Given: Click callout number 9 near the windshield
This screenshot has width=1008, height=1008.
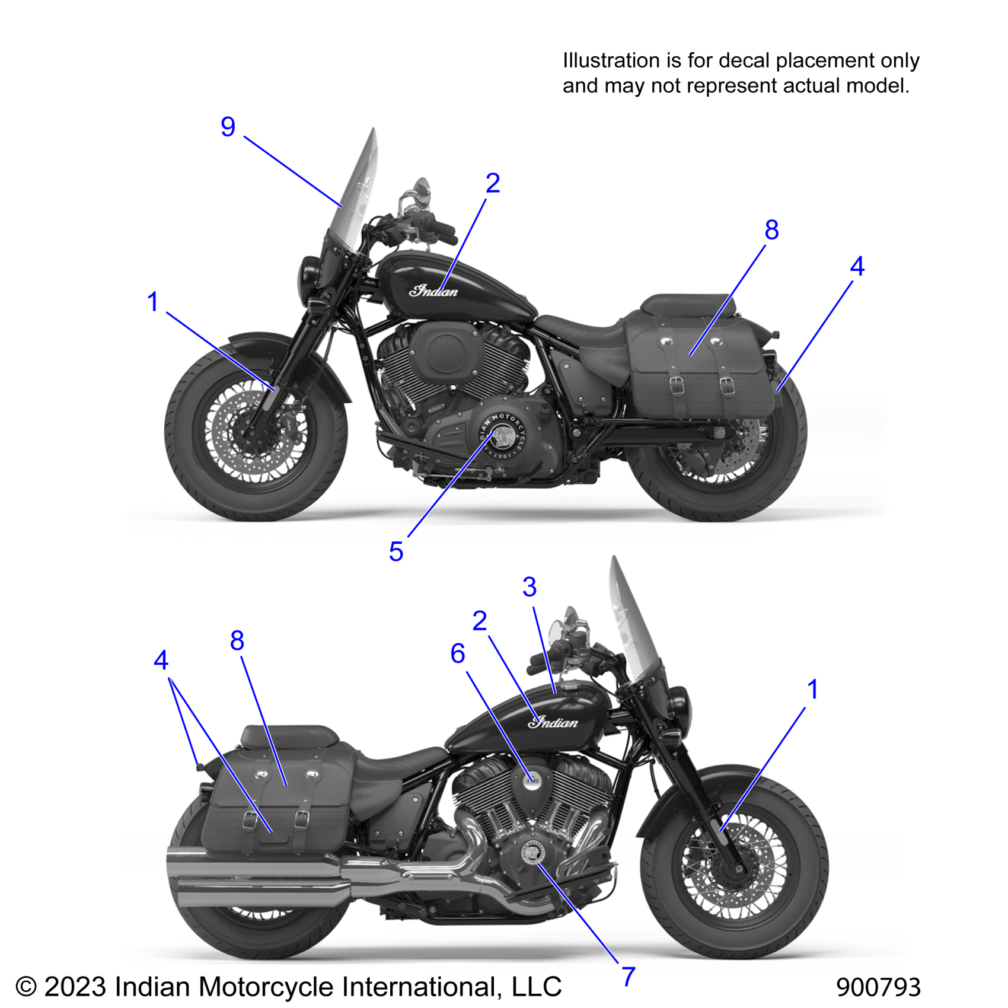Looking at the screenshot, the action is tap(228, 127).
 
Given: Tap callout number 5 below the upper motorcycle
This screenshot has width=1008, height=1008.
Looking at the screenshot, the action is tap(396, 552).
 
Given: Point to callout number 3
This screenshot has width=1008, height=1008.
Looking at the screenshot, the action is tap(529, 588).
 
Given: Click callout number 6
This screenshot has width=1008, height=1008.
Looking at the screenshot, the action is tap(457, 654).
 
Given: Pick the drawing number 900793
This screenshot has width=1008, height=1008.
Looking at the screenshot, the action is tap(878, 987).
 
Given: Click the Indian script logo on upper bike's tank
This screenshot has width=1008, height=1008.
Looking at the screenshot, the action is tap(433, 291).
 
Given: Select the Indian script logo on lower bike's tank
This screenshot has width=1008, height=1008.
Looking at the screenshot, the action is tap(553, 722).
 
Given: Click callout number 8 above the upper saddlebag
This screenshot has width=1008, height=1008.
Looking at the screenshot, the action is tap(771, 230).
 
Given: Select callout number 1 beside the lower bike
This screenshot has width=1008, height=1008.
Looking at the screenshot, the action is tap(812, 690).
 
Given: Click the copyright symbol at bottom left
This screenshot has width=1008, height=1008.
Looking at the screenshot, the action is tap(26, 987).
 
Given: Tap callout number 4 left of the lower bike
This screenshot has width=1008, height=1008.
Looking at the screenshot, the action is tap(161, 661).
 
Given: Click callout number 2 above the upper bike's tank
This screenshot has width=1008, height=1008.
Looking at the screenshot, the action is tap(493, 183).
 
